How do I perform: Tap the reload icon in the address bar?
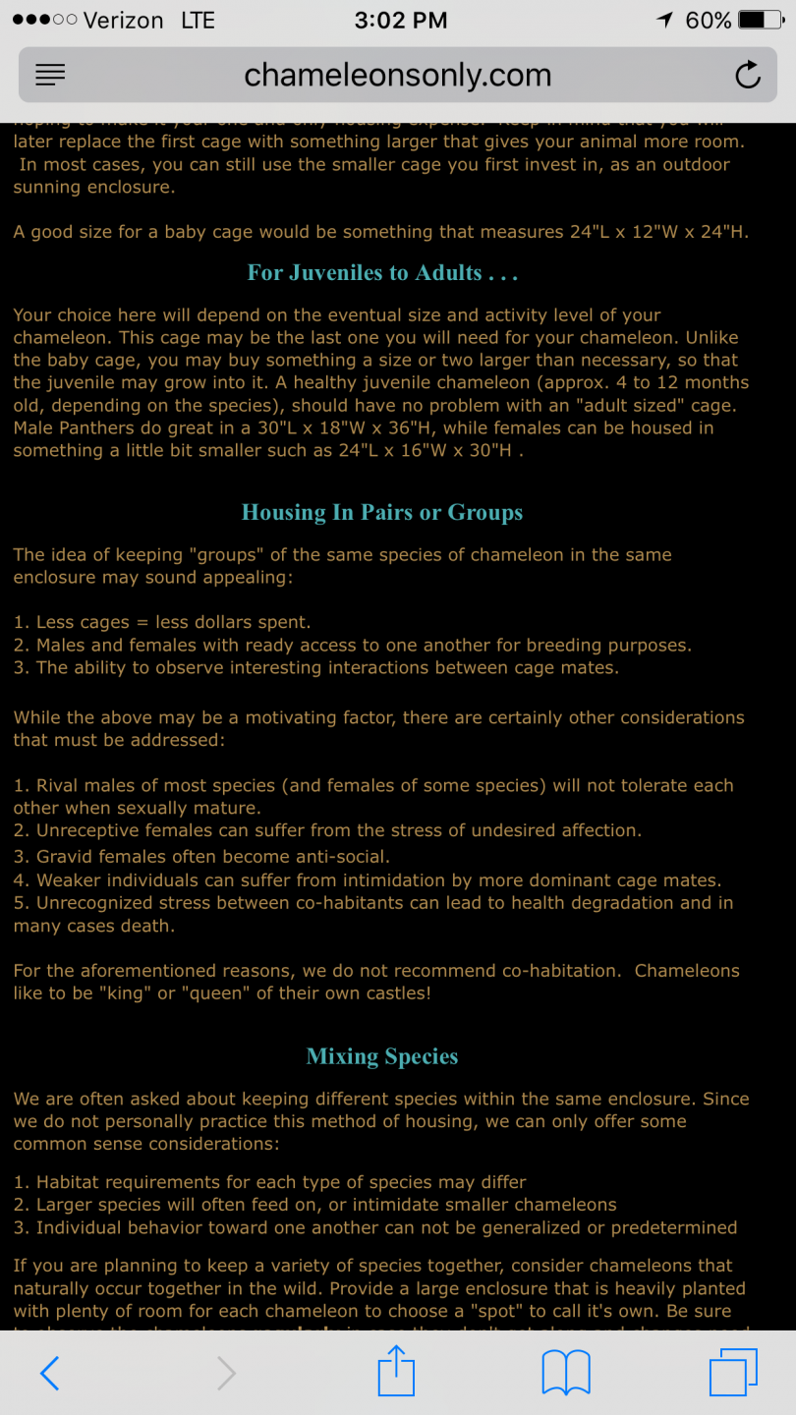(x=748, y=76)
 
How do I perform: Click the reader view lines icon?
(x=50, y=76)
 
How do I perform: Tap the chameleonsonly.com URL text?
(x=397, y=76)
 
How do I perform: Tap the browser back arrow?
(x=50, y=1373)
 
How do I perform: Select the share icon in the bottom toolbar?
(x=396, y=1371)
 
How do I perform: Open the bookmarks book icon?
(x=566, y=1373)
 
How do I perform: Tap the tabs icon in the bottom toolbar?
(x=732, y=1372)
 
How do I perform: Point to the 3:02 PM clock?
(x=400, y=20)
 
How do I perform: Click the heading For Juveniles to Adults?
(x=382, y=273)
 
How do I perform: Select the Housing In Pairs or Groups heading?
(x=382, y=512)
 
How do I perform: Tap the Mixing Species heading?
(x=382, y=1056)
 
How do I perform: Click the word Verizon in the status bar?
(x=124, y=20)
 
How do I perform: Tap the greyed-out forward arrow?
(x=226, y=1373)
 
